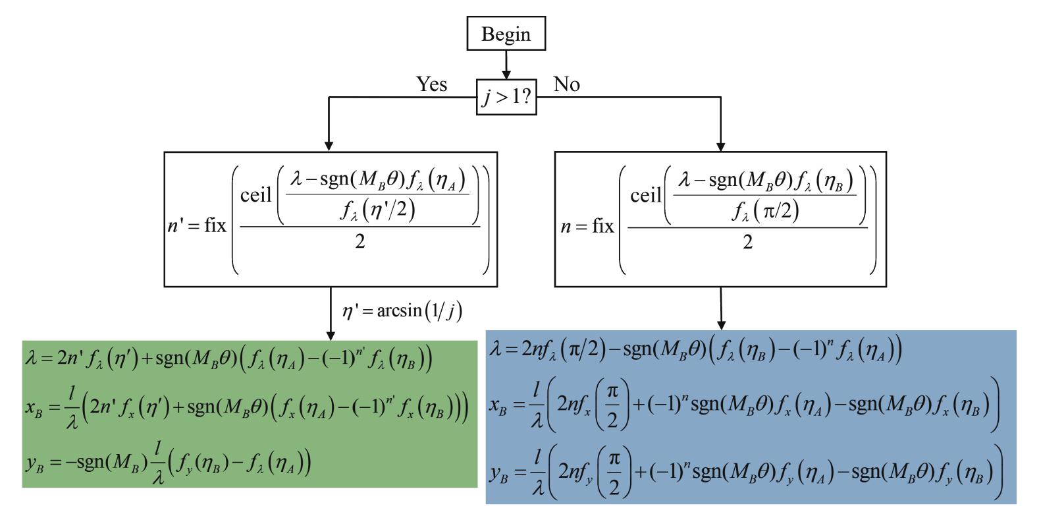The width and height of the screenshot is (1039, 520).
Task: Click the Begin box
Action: pos(506,34)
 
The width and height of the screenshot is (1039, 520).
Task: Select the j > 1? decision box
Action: pos(506,97)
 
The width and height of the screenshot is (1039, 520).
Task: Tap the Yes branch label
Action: pos(431,84)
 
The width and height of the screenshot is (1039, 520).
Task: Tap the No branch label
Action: pos(566,84)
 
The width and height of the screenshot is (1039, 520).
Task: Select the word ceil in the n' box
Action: pos(257,196)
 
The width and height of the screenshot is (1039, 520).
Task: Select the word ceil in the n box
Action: pos(646,196)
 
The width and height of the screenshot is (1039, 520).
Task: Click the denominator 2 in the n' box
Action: pos(360,242)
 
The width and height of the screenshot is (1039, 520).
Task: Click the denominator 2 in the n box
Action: pos(747,242)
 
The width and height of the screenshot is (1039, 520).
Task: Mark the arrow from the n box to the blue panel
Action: pos(721,308)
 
